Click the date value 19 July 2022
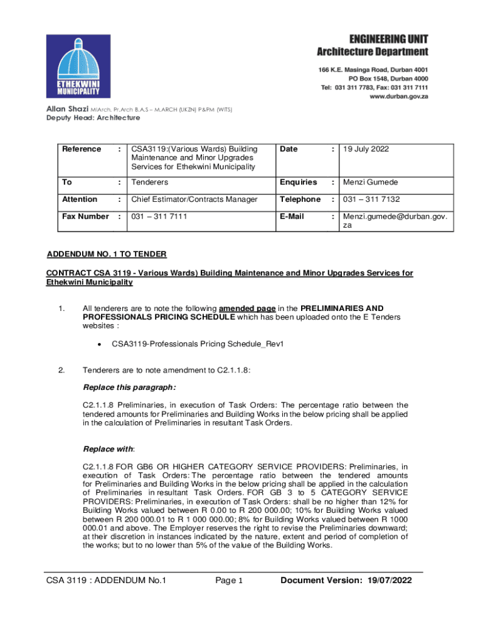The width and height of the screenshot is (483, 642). [x=366, y=149]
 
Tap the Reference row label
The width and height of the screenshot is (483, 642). [x=82, y=149]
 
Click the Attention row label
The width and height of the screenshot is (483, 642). [x=80, y=199]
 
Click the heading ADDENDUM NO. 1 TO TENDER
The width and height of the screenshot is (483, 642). [x=107, y=254]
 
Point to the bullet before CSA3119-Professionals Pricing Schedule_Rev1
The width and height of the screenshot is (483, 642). [x=99, y=344]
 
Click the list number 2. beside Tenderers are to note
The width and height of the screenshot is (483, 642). [x=61, y=370]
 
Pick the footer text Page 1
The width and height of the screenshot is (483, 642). [x=229, y=581]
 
